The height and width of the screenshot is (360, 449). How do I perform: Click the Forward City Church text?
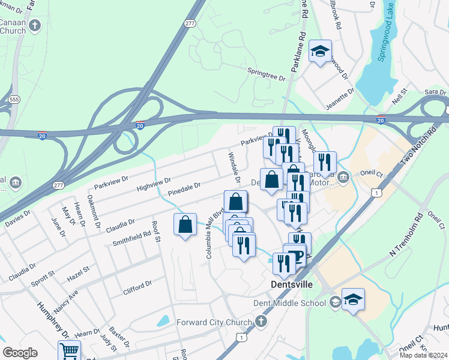tap(213, 322)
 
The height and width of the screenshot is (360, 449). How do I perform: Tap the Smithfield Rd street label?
tap(131, 239)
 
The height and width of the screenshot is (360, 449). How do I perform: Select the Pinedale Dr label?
tap(184, 190)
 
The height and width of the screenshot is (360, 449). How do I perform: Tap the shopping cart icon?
tap(70, 350)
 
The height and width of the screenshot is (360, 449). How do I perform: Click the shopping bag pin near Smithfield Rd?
tap(185, 224)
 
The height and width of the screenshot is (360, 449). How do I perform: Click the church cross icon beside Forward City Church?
tap(260, 322)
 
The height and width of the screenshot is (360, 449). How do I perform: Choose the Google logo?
tap(20, 353)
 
